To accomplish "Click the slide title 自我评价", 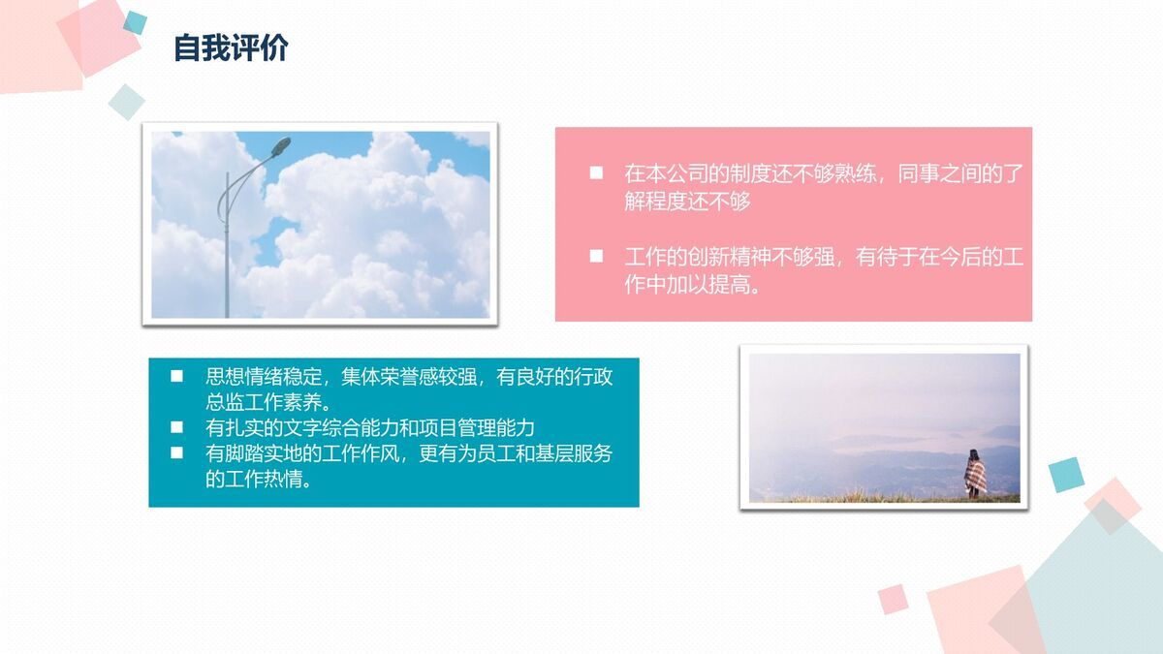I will pyautogui.click(x=231, y=48).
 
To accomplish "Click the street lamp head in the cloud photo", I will pyautogui.click(x=280, y=146).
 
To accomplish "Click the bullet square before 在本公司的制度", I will pyautogui.click(x=596, y=173).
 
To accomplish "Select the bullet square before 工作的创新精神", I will pyautogui.click(x=596, y=258).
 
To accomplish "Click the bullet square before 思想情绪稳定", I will pyautogui.click(x=176, y=376).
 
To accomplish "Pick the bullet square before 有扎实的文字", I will pyautogui.click(x=176, y=427).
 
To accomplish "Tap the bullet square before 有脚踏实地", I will pyautogui.click(x=176, y=452).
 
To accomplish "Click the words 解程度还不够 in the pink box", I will pyautogui.click(x=687, y=202).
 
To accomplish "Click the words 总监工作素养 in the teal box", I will pyautogui.click(x=268, y=402).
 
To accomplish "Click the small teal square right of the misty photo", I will pyautogui.click(x=1064, y=475).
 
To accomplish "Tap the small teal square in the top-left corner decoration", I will pyautogui.click(x=135, y=22).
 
